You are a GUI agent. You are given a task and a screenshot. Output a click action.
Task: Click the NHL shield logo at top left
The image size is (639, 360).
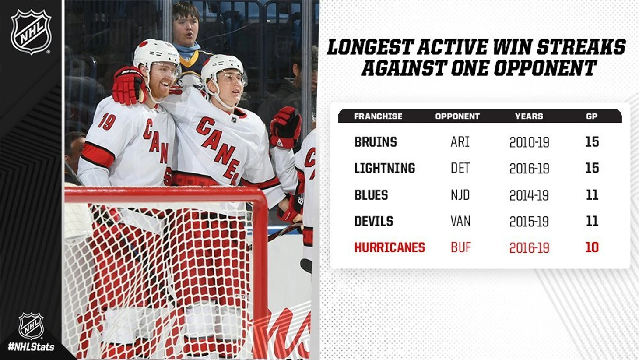click(x=31, y=32)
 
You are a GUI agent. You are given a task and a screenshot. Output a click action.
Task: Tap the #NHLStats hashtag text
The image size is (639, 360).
click(x=31, y=347)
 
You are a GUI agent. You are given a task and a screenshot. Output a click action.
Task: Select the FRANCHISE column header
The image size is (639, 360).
click(x=378, y=116)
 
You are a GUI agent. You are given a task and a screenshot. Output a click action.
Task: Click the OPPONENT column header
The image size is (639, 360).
click(x=457, y=116)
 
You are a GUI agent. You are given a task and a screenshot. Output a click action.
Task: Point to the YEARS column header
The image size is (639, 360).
click(x=529, y=116)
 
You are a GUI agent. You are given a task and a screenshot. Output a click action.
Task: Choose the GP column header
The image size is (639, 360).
click(x=592, y=116)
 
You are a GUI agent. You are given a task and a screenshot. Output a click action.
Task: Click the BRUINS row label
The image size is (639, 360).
click(x=376, y=142)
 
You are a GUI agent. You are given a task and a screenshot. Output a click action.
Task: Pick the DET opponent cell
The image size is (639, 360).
click(x=460, y=168)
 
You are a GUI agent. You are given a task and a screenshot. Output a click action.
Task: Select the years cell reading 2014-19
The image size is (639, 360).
click(x=529, y=196)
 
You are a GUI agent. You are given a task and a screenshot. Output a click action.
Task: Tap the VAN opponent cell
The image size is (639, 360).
click(x=460, y=221)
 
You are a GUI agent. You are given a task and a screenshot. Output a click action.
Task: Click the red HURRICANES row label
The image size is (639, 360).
click(x=390, y=247)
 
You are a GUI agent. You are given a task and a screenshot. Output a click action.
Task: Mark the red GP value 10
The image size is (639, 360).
click(x=592, y=247)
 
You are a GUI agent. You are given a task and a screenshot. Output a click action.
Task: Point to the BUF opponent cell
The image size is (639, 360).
click(x=461, y=247)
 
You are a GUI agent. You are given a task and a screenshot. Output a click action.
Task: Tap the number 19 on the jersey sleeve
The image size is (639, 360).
click(x=107, y=122)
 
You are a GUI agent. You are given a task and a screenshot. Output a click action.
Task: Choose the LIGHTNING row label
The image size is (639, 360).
click(x=385, y=168)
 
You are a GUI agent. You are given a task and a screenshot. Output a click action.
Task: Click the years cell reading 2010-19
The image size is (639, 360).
click(x=530, y=142)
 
